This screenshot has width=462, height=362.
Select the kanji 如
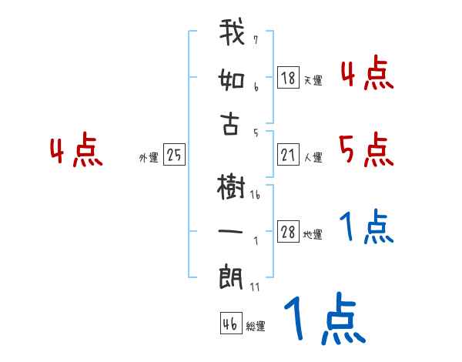click(232, 80)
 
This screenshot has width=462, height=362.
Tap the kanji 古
click(231, 124)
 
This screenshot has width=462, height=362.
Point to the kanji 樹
click(231, 186)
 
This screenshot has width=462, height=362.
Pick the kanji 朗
click(231, 275)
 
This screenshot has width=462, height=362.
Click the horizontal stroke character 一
click(231, 232)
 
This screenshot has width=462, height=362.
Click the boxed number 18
click(288, 77)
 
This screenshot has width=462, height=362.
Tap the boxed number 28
click(288, 232)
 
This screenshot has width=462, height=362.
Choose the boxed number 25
click(174, 156)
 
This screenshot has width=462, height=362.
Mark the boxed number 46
click(229, 323)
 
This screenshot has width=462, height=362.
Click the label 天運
click(313, 80)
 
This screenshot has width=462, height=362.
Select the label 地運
click(313, 234)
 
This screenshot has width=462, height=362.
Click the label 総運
click(255, 326)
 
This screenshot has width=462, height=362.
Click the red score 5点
click(366, 149)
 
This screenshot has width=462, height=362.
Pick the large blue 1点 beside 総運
click(323, 320)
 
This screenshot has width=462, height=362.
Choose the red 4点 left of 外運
click(76, 152)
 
